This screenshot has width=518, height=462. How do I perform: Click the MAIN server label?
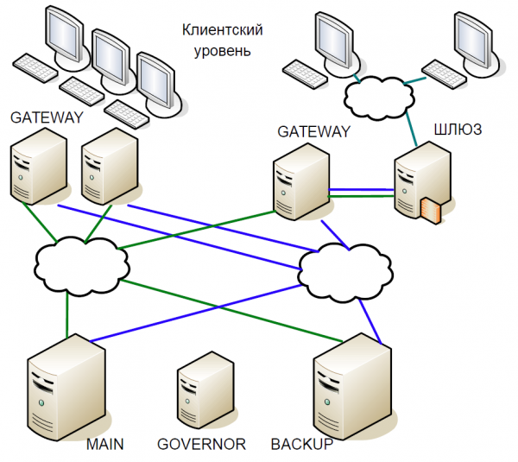click(105, 445)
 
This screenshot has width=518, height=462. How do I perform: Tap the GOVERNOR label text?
click(202, 445)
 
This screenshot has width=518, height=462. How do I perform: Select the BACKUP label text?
click(302, 445)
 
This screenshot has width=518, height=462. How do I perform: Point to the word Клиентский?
click(222, 30)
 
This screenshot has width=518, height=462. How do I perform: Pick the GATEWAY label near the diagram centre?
click(314, 132)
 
